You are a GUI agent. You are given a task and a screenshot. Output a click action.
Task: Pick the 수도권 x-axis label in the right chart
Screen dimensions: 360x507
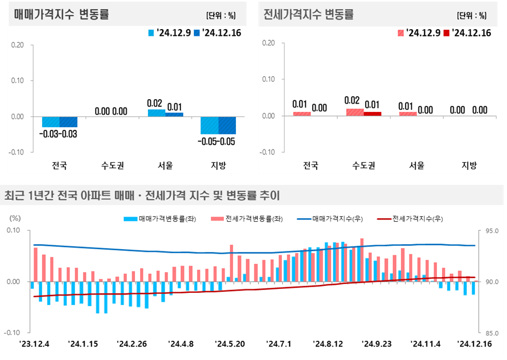363,165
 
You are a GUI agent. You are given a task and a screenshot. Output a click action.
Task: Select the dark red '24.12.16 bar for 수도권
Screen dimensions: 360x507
371,114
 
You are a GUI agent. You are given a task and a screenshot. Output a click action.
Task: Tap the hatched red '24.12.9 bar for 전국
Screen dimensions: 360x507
301,114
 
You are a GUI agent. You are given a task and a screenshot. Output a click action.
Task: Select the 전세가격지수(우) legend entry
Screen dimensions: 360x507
411,218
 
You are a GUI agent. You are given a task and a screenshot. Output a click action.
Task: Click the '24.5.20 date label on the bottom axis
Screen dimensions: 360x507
231,343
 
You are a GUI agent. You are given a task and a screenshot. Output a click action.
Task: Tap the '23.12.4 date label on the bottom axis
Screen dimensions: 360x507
34,343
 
